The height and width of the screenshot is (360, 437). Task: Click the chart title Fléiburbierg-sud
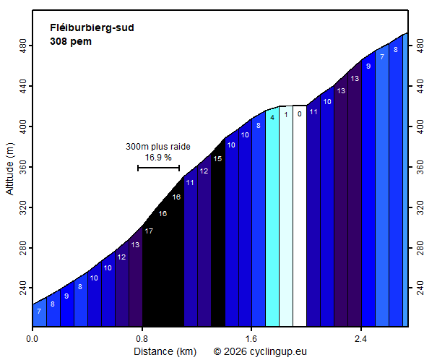point(92,28)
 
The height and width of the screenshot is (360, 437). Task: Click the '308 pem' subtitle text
point(71,41)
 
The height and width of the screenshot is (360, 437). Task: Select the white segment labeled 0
point(300,217)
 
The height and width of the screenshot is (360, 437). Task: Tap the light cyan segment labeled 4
point(272,217)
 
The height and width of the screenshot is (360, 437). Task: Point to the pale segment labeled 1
point(286,217)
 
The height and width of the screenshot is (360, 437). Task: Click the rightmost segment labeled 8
point(395,181)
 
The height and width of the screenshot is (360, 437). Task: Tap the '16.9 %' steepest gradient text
point(158,157)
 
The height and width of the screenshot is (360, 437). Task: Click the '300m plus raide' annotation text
point(158,147)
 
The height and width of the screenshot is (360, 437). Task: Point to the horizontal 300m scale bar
point(158,168)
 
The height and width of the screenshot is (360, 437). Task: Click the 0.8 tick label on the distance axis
point(142,338)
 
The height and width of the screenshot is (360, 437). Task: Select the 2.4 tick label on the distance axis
point(361,338)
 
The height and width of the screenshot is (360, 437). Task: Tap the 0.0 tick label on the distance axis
point(33,338)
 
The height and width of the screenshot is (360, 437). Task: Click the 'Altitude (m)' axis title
point(10,168)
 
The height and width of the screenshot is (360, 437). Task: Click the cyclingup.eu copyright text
point(260,351)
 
